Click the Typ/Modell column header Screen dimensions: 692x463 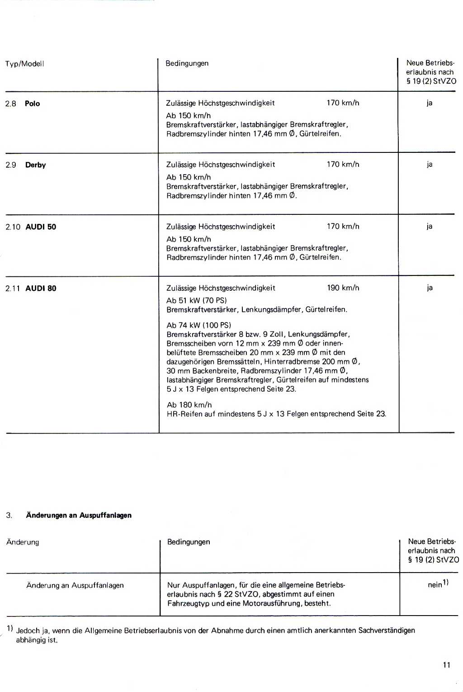24,64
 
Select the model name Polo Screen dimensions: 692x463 32,104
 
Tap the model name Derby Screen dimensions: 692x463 35,165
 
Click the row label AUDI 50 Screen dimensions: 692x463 41,227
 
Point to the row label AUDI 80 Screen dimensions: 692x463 41,289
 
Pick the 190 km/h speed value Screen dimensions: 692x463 343,288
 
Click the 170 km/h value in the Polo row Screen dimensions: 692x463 343,103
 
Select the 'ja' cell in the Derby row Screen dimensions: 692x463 429,164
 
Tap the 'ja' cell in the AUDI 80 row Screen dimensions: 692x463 429,288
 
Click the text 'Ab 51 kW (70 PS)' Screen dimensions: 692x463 196,300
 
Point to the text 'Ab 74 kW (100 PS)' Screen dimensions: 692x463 198,325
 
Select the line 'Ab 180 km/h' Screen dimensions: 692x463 189,405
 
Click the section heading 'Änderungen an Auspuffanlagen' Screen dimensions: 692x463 79,515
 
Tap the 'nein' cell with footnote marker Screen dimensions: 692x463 437,584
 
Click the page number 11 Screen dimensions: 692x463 446,665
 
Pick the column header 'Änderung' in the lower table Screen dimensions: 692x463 23,542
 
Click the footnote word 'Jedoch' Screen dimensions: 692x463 28,630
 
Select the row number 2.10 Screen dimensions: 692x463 13,227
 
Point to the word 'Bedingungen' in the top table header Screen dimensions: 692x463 187,63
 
